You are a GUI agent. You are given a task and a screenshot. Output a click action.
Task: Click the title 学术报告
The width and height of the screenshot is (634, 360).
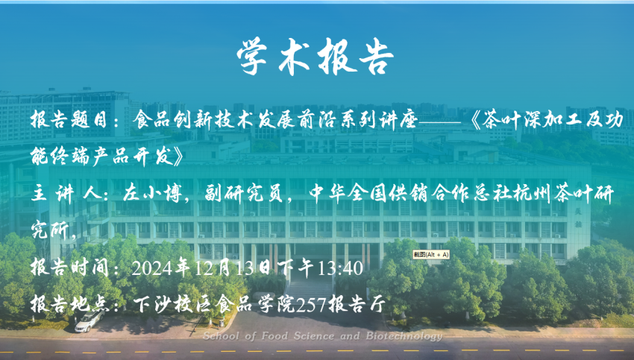coord(315,57)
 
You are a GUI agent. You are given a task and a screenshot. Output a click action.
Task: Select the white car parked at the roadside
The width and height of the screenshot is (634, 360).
coord(90,321)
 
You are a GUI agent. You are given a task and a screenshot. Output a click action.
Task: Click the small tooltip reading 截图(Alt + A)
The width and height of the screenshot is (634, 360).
coord(431,255)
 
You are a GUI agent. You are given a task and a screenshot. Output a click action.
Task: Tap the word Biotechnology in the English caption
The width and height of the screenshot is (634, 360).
coord(404,336)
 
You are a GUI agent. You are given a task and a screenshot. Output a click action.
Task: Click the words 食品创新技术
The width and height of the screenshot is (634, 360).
coord(194,120)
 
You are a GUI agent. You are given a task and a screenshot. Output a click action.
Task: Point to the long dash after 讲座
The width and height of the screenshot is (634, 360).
coord(440,121)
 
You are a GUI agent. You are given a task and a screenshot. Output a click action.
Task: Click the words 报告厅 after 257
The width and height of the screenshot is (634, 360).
coord(357,304)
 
